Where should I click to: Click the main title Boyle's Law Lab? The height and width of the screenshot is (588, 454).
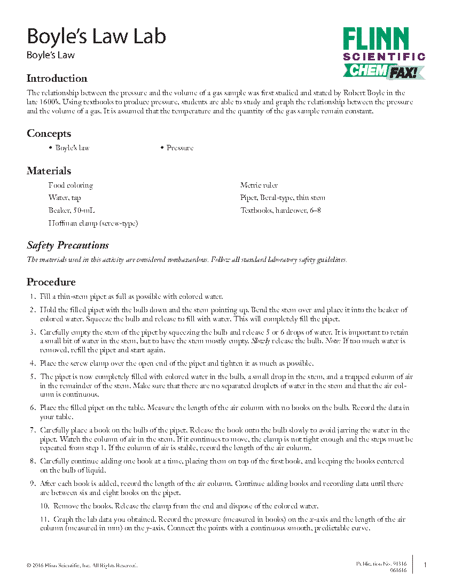click(x=96, y=36)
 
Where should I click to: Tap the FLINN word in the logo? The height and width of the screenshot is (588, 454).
click(x=376, y=40)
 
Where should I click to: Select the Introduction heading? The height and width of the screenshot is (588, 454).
click(x=57, y=79)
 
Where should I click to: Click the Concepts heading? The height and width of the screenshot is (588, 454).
click(x=49, y=134)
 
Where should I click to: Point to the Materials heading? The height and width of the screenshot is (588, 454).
click(x=49, y=171)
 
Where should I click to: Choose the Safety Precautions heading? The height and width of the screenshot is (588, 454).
click(x=68, y=245)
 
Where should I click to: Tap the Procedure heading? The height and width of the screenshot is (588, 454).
click(x=51, y=282)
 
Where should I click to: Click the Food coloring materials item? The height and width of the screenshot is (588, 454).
click(x=71, y=185)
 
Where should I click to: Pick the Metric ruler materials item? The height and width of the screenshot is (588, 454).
click(x=259, y=185)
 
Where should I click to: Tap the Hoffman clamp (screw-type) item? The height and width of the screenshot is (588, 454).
click(x=93, y=223)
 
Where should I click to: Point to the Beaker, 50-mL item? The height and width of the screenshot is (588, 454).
click(x=72, y=210)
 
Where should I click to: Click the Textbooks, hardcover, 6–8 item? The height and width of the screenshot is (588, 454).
click(x=280, y=210)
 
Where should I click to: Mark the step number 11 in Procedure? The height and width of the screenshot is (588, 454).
click(x=44, y=519)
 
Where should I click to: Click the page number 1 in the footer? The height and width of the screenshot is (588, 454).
click(x=425, y=565)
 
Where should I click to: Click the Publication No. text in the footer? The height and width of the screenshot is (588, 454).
click(x=381, y=563)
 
